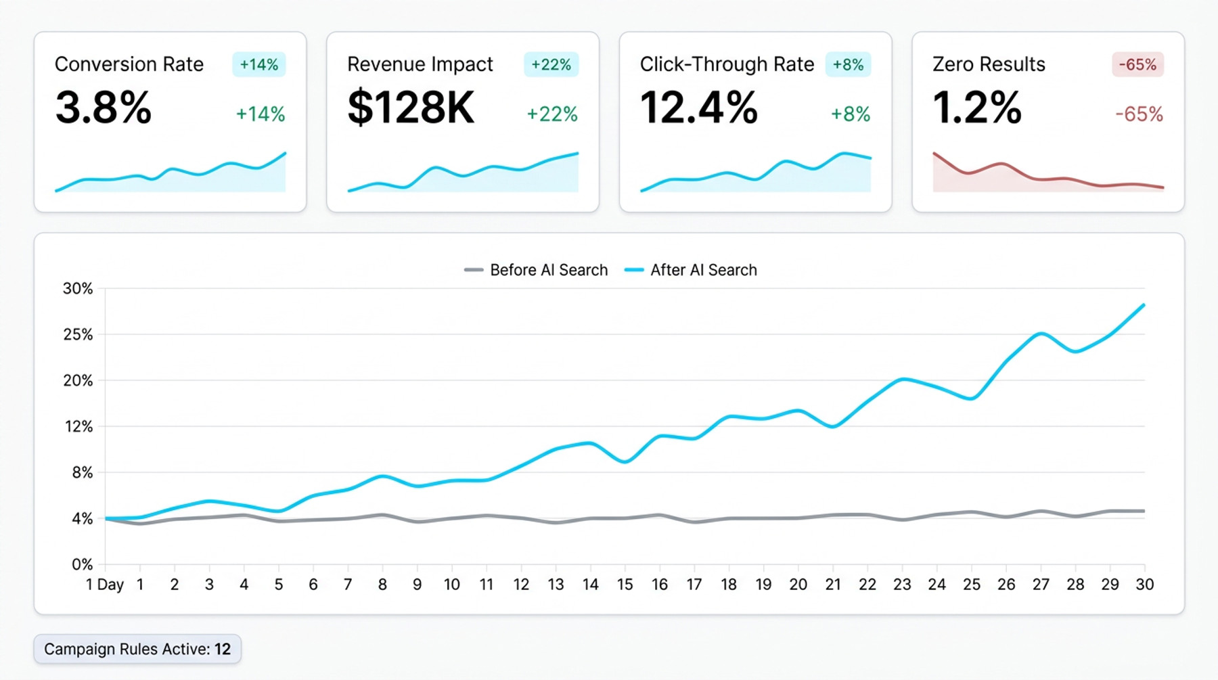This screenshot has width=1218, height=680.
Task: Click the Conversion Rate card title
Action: point(129,64)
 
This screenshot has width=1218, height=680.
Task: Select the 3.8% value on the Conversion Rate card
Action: point(104,108)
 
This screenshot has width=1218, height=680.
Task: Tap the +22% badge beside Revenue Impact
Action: point(551,64)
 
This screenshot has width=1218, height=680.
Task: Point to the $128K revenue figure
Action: point(411,108)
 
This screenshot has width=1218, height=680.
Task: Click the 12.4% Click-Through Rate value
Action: point(698,108)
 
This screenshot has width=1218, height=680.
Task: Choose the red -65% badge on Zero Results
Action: point(1137,64)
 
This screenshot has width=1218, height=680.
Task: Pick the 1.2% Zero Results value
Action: point(976,108)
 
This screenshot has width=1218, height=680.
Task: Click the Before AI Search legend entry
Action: point(536,270)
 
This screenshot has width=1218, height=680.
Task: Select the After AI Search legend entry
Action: point(691,270)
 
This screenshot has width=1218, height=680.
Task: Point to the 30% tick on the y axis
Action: point(78,289)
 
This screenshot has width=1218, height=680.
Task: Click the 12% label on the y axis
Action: point(78,427)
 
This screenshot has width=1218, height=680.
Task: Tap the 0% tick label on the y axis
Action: point(82,564)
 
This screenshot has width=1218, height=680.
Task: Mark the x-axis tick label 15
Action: point(625,585)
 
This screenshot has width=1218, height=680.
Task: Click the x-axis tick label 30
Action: point(1144,585)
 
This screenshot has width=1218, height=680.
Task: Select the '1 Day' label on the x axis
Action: point(105,585)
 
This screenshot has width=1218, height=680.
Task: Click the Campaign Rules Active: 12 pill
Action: point(137,649)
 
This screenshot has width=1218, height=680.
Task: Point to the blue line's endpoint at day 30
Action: point(1144,305)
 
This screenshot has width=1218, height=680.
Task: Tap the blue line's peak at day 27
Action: point(1041,334)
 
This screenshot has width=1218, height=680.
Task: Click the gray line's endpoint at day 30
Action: point(1144,511)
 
